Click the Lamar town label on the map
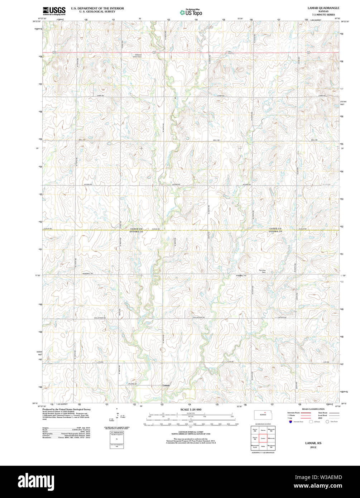166,386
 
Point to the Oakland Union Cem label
137,56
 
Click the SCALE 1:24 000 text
191,410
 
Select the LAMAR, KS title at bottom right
313,443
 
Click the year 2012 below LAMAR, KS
313,447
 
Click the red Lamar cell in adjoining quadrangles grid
263,438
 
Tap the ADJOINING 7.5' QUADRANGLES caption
263,453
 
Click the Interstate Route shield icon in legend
290,422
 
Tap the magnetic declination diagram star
116,409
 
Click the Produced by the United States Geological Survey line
66,409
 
